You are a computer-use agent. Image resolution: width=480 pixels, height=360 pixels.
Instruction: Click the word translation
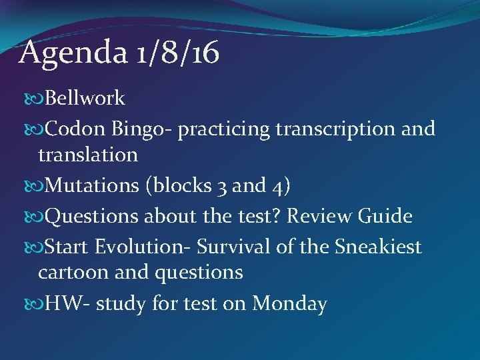click(88, 155)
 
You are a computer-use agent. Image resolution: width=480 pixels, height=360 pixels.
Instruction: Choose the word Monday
click(290, 304)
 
